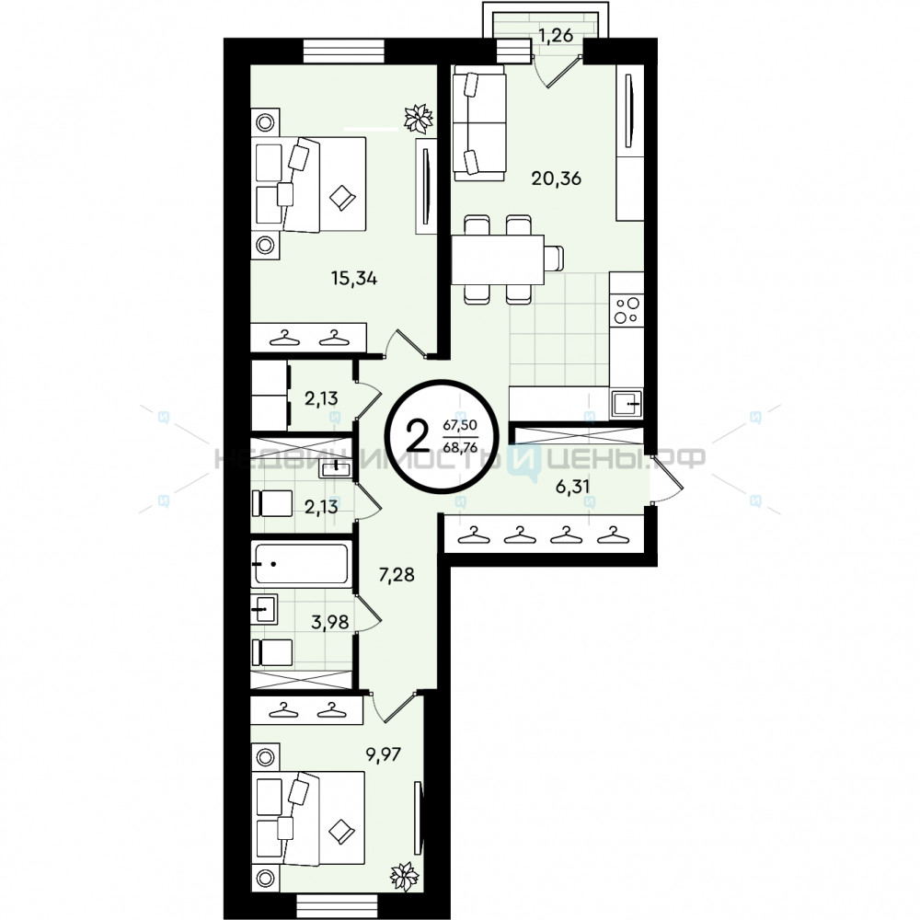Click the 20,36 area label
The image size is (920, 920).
(x=556, y=178)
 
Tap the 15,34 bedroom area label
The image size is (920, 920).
(x=354, y=278)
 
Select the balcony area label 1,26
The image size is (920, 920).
(x=556, y=36)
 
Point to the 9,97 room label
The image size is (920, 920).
(x=383, y=754)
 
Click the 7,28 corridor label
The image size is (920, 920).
(x=397, y=574)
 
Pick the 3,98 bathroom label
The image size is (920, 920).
(x=329, y=622)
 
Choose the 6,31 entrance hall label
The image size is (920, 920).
(x=572, y=487)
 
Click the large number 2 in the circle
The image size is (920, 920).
(x=418, y=436)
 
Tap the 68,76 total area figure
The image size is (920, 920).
(x=460, y=448)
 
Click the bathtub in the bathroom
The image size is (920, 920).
(x=302, y=564)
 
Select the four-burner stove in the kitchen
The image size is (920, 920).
(x=627, y=310)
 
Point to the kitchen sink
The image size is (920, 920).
(x=627, y=404)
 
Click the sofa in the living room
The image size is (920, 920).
(x=478, y=122)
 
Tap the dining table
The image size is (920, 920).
(x=498, y=259)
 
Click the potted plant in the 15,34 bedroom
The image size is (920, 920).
(x=419, y=118)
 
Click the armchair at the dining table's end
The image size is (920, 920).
(x=555, y=259)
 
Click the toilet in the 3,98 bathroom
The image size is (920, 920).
(x=271, y=652)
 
